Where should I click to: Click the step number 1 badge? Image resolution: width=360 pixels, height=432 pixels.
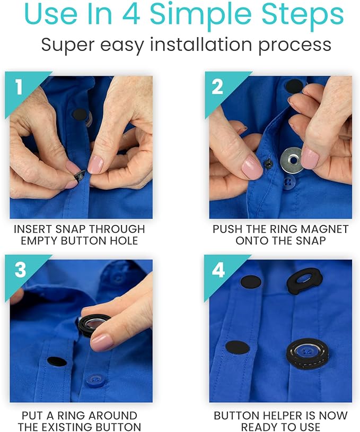click(x=19, y=87)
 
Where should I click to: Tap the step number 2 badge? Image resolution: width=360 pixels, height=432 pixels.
click(x=217, y=87)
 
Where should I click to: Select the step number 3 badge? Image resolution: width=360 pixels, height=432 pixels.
click(x=20, y=270)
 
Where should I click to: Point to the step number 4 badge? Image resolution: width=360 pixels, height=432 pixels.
click(x=218, y=270)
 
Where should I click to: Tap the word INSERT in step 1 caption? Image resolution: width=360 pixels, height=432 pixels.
click(x=33, y=229)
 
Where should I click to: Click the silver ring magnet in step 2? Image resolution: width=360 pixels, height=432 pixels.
click(x=292, y=157)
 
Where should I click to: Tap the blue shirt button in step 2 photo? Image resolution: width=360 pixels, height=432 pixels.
click(x=289, y=182)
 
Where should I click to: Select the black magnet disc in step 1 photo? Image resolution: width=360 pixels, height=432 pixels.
click(x=79, y=114)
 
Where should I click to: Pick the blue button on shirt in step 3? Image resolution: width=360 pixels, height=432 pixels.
click(x=95, y=378)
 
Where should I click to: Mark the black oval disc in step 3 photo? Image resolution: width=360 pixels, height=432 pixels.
click(x=57, y=361)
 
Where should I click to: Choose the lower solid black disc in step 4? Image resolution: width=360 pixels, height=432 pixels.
click(x=237, y=348)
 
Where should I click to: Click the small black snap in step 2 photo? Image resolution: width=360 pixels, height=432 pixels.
click(x=268, y=164)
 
